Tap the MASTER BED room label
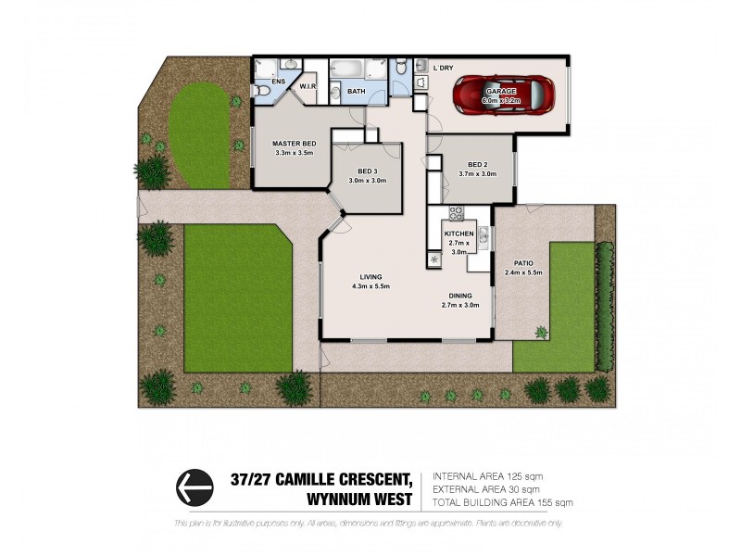coord(295,144)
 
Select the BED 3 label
coord(368,171)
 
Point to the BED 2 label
coord(477,164)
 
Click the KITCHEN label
coord(459,234)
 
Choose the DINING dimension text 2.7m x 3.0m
coord(459,305)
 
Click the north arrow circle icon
coord(194,485)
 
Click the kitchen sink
coord(434,259)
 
